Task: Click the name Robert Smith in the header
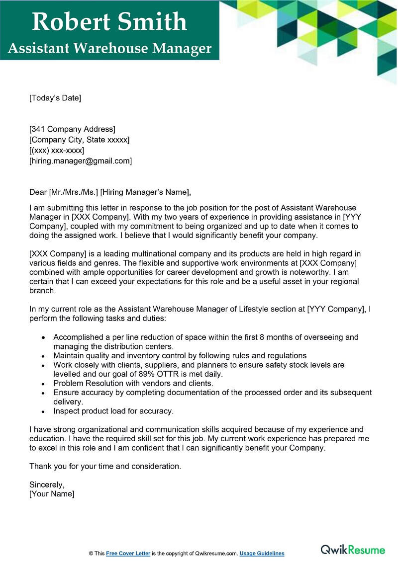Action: point(109,22)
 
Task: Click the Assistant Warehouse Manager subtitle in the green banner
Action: point(109,49)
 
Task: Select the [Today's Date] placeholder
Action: point(55,98)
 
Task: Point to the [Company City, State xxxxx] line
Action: point(79,140)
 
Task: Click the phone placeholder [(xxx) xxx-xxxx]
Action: point(57,150)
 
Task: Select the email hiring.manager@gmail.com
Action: point(81,161)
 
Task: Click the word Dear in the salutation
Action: point(38,192)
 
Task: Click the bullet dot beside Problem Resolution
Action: point(43,384)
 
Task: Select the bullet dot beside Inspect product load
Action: point(43,411)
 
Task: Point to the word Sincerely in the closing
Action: point(47,484)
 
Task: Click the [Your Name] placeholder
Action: point(52,494)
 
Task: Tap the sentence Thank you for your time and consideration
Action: point(105,466)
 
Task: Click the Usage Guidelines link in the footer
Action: point(262,553)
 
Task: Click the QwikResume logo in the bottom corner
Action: point(353,550)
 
